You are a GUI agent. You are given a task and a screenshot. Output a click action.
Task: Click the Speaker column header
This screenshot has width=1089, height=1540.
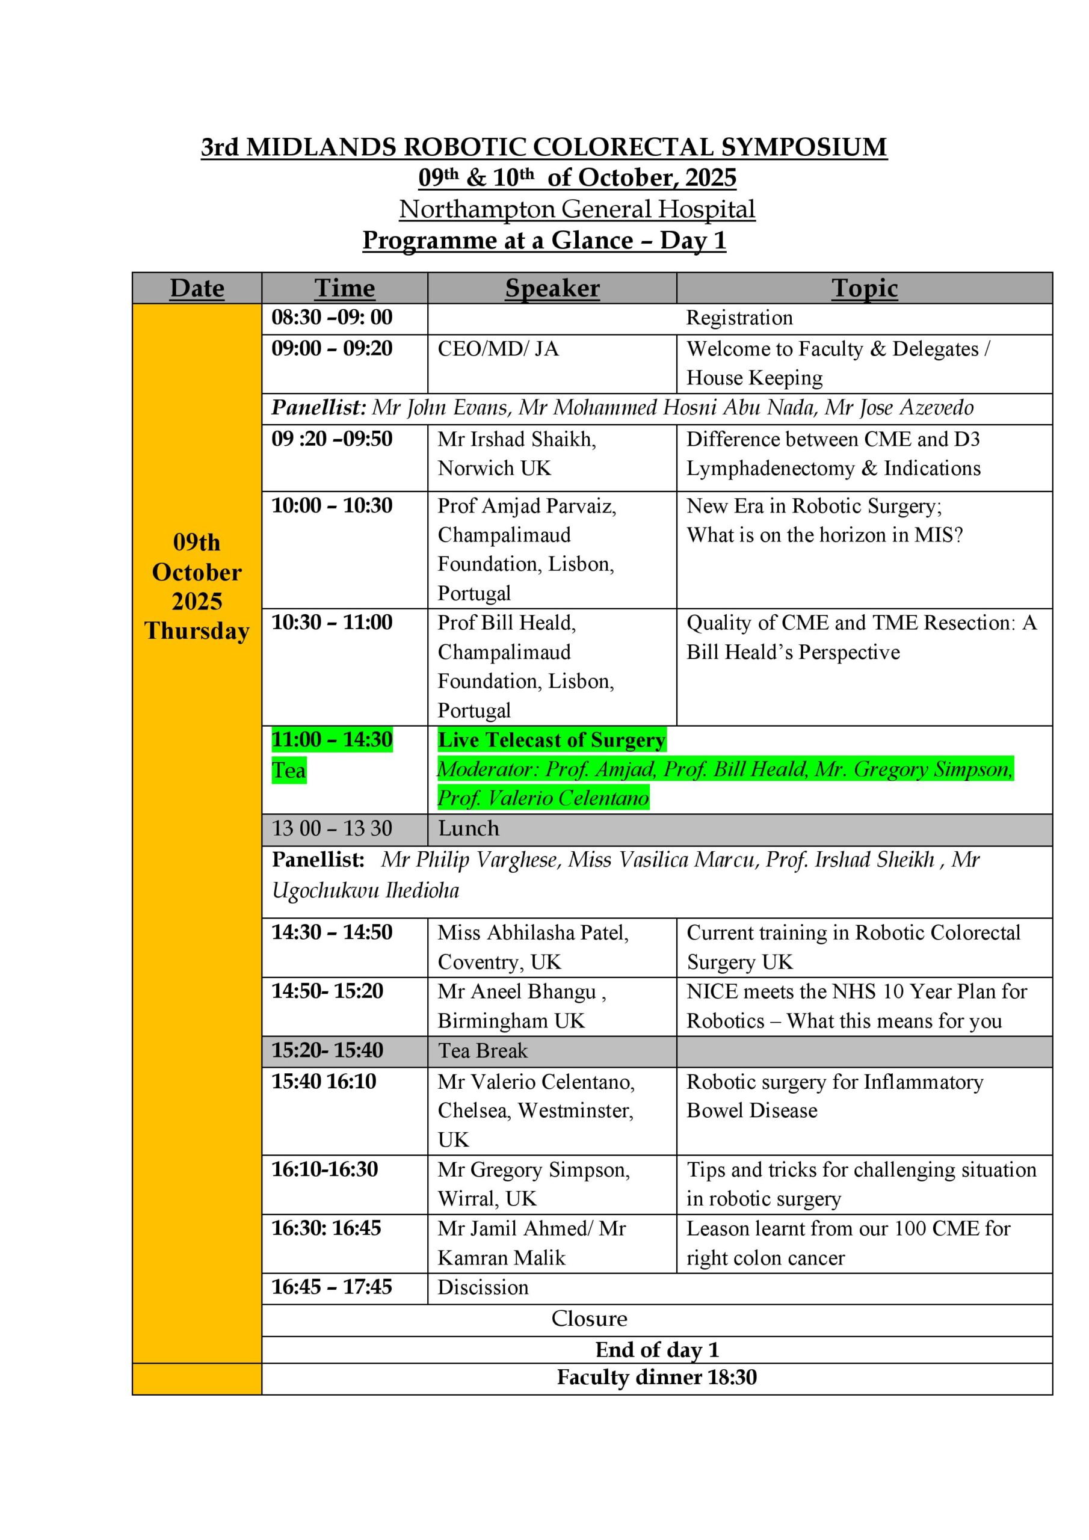(x=552, y=288)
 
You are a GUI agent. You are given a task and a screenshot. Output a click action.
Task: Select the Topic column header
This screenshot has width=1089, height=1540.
(x=863, y=288)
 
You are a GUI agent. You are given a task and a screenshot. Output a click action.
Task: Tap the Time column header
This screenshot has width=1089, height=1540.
(x=344, y=288)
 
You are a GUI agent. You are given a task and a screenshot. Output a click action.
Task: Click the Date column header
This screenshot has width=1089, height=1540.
(x=197, y=288)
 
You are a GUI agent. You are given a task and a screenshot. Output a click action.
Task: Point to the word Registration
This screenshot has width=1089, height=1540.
(x=739, y=318)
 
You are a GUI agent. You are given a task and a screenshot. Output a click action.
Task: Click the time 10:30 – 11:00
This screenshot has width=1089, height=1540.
(x=332, y=623)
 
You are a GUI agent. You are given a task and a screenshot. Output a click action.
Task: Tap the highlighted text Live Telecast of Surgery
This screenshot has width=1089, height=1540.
(x=552, y=740)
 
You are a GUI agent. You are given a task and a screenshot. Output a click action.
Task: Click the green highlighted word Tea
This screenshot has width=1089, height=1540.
(x=289, y=770)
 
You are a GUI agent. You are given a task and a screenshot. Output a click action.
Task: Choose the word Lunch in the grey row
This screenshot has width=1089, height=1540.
(x=468, y=829)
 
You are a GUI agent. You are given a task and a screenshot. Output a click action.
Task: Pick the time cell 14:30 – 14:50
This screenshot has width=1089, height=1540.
(x=332, y=932)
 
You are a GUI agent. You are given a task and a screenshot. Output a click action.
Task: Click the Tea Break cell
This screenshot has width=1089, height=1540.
(x=483, y=1050)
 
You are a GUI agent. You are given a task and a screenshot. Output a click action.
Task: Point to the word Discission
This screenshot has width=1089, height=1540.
(x=483, y=1287)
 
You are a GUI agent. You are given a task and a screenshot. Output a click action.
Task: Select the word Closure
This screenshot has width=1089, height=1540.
(x=589, y=1319)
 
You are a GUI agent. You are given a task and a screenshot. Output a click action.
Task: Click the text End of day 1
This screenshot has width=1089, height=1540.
(x=656, y=1349)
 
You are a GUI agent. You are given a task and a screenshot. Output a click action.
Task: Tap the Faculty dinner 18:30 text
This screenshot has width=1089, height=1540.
(x=656, y=1378)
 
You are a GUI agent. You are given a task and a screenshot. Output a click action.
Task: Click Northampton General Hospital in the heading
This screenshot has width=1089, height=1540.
(x=577, y=209)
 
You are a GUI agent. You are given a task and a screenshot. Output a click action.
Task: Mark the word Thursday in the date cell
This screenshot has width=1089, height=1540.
(x=197, y=631)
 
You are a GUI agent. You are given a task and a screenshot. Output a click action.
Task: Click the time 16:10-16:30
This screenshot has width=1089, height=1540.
(x=324, y=1169)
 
